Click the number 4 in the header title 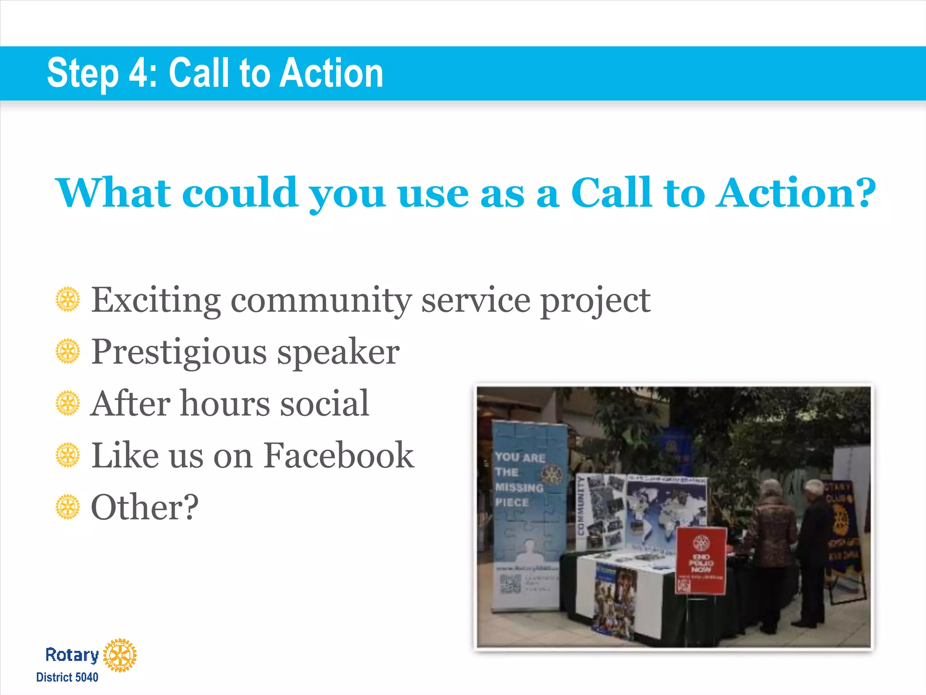pos(137,73)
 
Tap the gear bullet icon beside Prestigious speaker pos(68,351)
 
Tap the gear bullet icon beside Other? pos(68,507)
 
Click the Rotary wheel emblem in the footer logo pos(120,655)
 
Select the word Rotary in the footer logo pos(72,655)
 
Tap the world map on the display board pos(667,507)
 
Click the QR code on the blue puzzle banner pos(510,584)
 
